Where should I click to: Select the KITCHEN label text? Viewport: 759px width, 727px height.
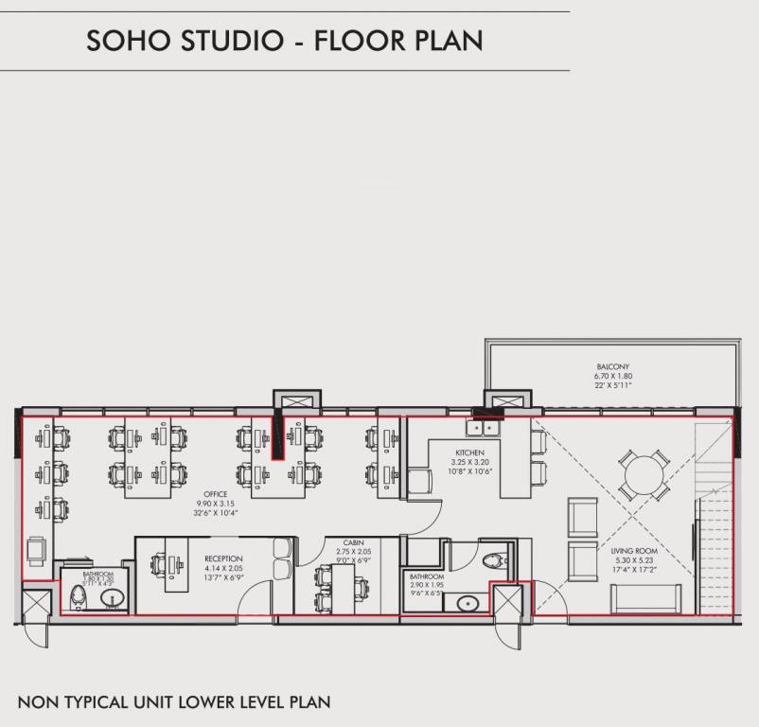click(469, 453)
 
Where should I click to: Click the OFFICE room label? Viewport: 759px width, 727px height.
click(217, 494)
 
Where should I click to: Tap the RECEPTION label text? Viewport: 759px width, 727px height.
click(223, 559)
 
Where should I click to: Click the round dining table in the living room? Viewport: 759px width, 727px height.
click(644, 474)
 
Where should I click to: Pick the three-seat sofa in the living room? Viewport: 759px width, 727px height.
click(644, 599)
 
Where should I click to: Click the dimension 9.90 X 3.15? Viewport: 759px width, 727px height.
click(217, 503)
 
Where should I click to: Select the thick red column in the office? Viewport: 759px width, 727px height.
click(277, 434)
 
